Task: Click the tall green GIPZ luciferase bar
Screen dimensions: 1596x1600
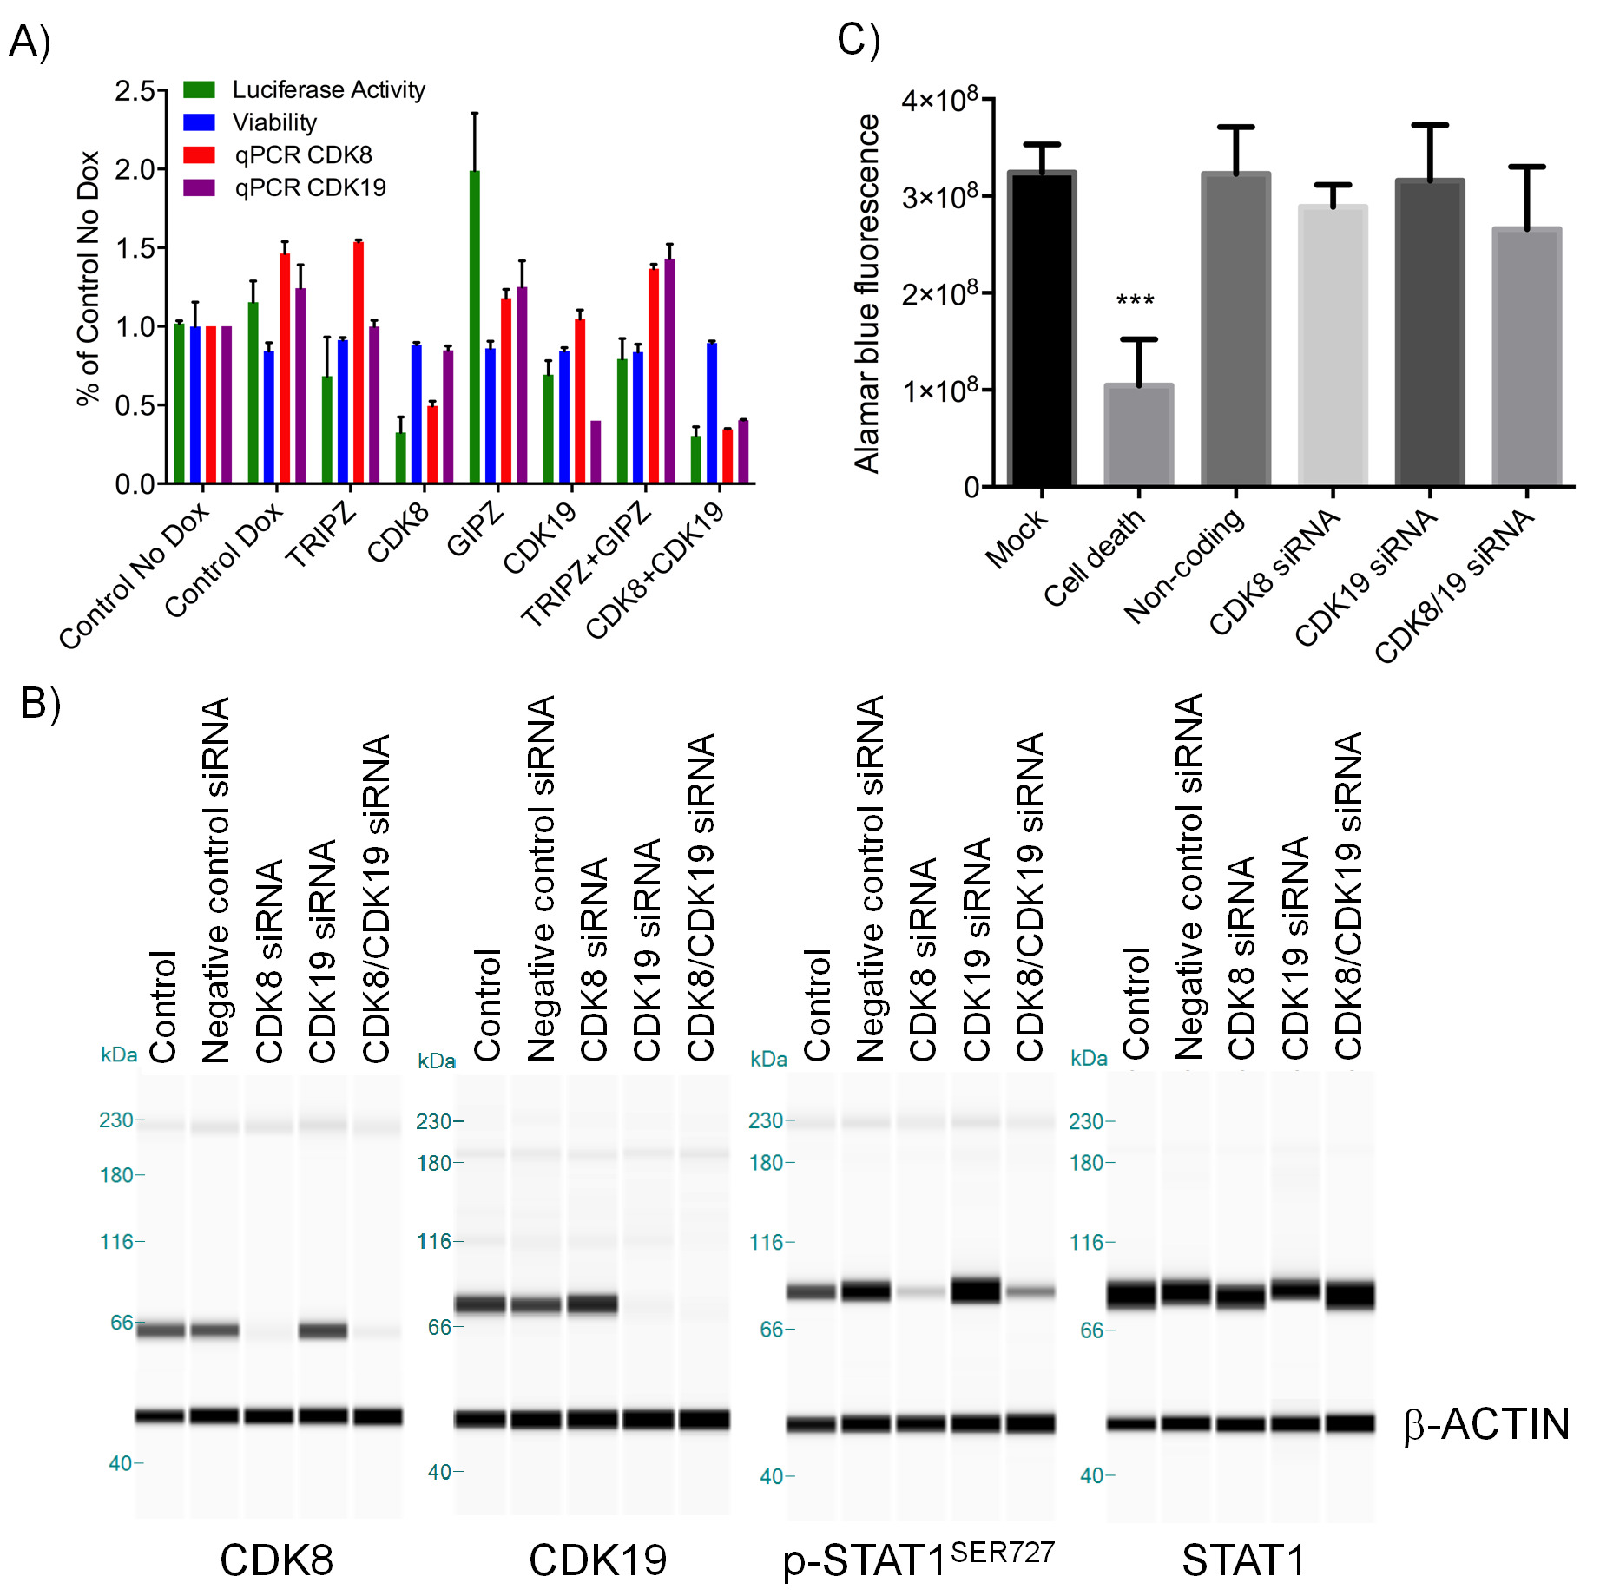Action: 474,326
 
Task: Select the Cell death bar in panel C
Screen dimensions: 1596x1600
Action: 1138,434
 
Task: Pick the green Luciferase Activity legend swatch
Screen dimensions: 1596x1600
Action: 199,89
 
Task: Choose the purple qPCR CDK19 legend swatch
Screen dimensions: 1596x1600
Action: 199,187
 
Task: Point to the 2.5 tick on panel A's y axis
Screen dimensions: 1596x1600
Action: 135,90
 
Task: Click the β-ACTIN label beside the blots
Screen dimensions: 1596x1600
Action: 1486,1424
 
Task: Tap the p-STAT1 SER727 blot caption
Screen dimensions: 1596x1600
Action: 919,1559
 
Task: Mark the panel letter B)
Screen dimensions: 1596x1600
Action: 40,703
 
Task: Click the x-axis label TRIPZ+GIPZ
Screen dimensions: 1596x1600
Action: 587,563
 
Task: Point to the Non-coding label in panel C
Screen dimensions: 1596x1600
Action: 1184,564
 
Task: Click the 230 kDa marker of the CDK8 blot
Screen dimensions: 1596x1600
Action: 117,1120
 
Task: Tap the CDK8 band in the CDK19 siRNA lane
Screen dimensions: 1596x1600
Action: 323,1330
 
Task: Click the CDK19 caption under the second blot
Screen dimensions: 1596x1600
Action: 597,1560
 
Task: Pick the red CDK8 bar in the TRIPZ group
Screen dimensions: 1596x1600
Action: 359,362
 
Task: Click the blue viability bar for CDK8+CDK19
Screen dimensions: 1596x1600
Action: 712,412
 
